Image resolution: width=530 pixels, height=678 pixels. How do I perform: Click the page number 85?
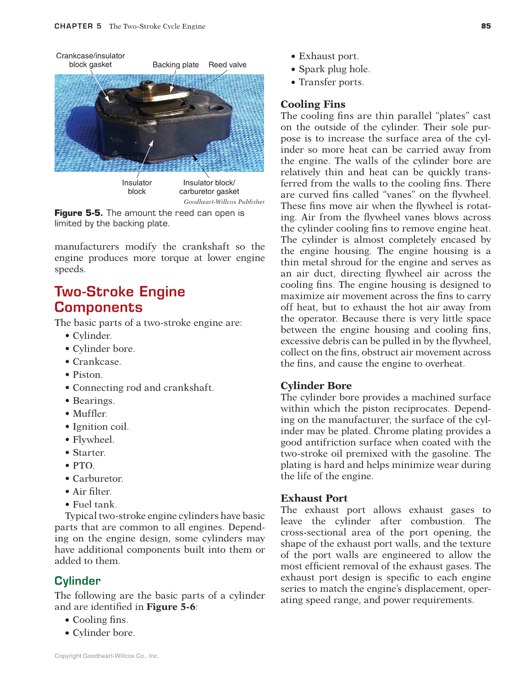click(x=486, y=26)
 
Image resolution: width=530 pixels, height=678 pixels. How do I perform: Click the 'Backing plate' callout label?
click(x=176, y=65)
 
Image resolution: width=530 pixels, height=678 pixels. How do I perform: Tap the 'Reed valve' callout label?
click(x=227, y=65)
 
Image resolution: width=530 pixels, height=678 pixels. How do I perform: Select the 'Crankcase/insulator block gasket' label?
click(x=90, y=60)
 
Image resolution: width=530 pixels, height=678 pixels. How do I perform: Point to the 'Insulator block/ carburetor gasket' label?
click(x=209, y=187)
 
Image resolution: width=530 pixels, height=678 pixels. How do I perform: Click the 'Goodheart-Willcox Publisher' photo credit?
click(x=224, y=202)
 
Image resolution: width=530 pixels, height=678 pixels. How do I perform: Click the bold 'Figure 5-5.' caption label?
click(x=79, y=213)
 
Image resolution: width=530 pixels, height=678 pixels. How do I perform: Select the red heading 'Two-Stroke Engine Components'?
click(x=120, y=299)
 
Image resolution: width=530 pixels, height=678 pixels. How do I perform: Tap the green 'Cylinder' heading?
click(x=77, y=581)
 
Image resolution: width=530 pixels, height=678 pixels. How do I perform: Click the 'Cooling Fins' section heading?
click(x=313, y=104)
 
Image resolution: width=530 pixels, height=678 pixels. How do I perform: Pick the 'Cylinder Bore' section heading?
click(x=316, y=386)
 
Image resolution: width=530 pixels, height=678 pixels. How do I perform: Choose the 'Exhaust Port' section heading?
click(x=314, y=498)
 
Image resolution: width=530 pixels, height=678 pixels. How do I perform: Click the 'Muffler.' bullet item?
click(x=90, y=413)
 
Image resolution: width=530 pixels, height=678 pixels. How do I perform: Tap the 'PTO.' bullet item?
click(x=83, y=465)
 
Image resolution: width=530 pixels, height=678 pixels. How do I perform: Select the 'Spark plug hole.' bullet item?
click(x=334, y=69)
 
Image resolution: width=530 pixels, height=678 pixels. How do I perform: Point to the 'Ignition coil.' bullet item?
click(x=100, y=427)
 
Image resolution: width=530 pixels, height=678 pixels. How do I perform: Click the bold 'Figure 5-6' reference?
click(x=171, y=607)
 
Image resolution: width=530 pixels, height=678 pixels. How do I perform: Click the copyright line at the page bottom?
click(x=106, y=656)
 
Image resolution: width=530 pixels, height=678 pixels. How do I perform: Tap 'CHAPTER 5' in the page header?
click(x=78, y=26)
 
